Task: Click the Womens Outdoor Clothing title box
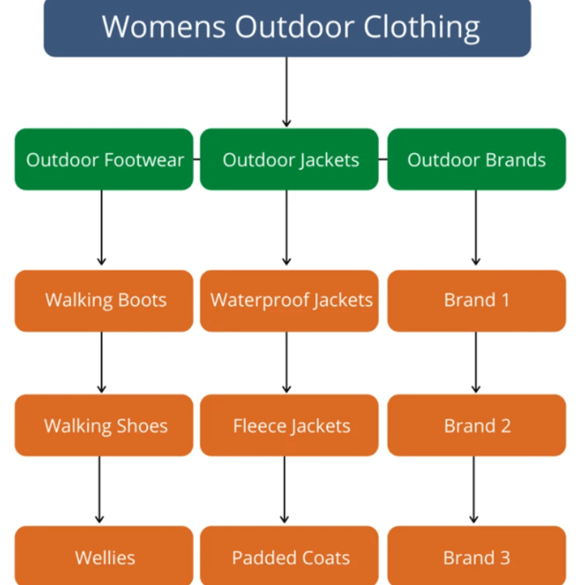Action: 287,28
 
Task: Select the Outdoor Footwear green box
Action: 104,159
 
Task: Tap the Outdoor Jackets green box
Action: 289,159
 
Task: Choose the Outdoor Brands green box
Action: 477,159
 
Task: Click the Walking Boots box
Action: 104,301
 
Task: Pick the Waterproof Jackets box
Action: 289,301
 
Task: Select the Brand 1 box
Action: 477,301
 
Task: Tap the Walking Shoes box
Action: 104,425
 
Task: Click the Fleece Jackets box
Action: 289,425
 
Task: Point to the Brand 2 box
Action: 477,425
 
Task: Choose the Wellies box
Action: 104,555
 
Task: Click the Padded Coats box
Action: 289,555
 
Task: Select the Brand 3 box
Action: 477,555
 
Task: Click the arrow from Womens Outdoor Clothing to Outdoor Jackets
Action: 286,92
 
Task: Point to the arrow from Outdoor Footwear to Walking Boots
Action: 101,228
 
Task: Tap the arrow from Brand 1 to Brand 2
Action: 476,362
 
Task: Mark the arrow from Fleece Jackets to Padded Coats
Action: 284,490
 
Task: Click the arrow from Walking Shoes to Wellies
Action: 99,490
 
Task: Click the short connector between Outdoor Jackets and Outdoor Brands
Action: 383,159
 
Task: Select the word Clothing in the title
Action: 421,27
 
